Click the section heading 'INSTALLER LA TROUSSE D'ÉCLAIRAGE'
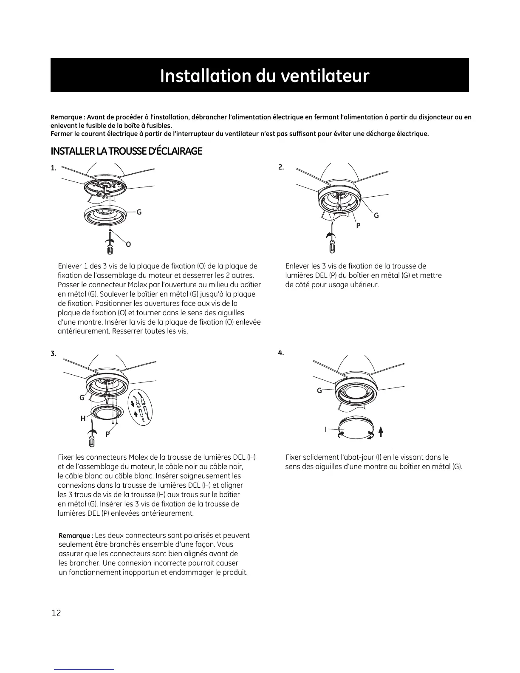coord(126,151)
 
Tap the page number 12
coord(56,613)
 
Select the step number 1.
coord(53,168)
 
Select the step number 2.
coord(281,167)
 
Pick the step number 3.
coord(53,353)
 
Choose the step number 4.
coord(281,353)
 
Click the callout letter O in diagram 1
coord(128,244)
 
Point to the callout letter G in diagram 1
coord(139,212)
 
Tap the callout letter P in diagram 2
coord(358,226)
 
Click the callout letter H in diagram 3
coord(83,419)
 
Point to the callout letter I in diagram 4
coord(326,430)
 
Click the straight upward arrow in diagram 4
coord(381,432)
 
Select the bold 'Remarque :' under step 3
coord(76,536)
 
